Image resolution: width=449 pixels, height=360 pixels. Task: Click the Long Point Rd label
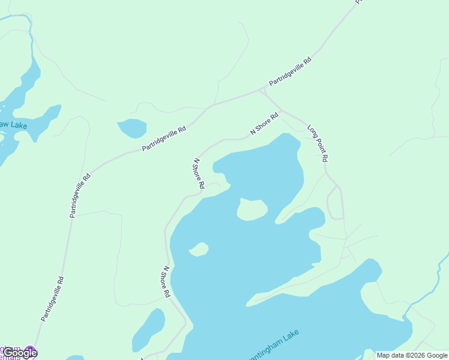pos(318,143)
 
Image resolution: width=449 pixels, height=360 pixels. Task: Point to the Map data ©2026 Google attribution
pos(412,355)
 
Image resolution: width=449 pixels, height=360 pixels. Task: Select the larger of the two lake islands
pos(252,209)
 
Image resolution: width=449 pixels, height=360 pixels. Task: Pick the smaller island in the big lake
pos(199,249)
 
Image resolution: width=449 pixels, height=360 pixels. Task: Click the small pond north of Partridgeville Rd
pos(132,128)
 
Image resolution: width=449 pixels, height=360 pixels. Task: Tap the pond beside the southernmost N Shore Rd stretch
pos(149,329)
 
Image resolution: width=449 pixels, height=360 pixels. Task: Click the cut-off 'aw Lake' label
pos(10,124)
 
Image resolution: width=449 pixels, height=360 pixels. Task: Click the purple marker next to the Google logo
pos(31,352)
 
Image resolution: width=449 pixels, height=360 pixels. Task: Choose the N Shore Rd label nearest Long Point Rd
pos(265,124)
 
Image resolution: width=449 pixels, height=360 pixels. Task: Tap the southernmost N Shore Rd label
pos(166,282)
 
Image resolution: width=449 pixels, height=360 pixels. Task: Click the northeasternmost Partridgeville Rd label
pos(291,70)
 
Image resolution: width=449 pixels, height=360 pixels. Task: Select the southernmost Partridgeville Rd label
pos(52,299)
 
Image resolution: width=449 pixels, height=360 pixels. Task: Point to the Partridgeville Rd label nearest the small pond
pos(164,138)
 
